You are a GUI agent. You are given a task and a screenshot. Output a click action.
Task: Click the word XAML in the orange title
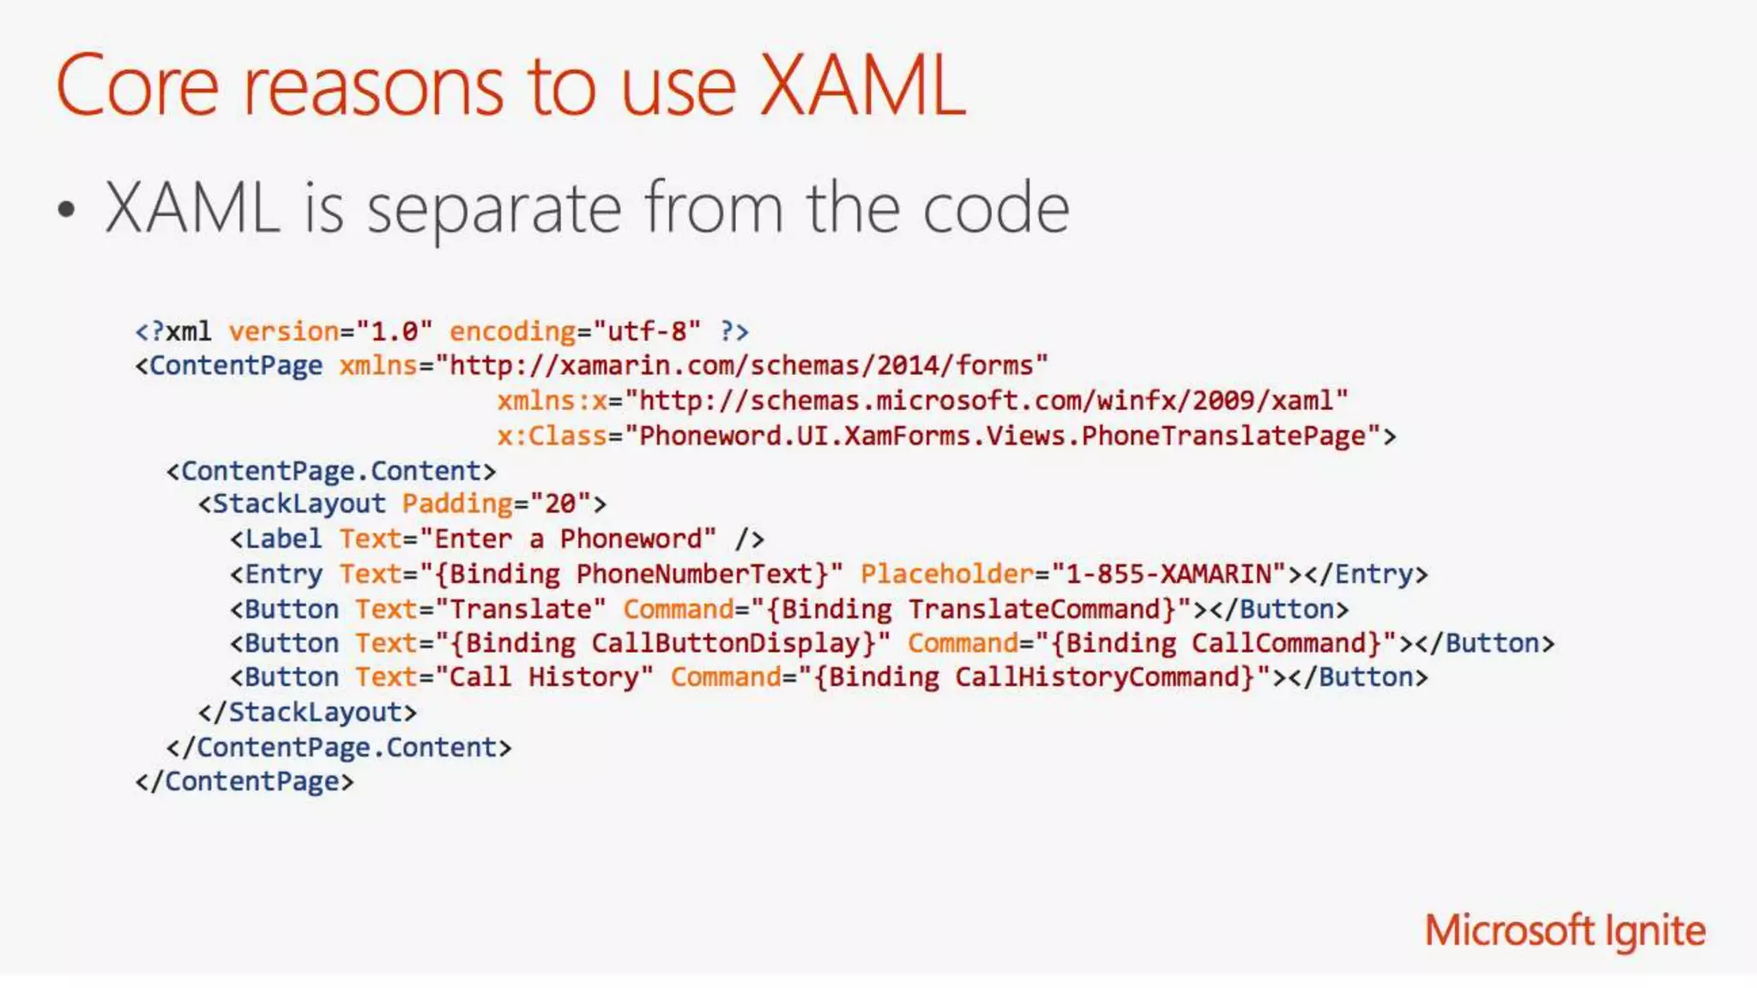862,86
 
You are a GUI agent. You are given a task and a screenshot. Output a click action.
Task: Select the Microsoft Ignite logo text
1565,931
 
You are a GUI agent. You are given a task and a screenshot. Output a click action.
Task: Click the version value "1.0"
394,332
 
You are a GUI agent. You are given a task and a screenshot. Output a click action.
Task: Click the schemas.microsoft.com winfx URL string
987,401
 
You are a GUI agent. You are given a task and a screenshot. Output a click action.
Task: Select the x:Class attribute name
552,437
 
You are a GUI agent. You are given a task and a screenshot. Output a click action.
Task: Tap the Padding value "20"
560,504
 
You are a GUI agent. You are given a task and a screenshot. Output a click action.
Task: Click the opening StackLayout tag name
299,504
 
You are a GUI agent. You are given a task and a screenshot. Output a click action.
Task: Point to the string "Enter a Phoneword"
567,539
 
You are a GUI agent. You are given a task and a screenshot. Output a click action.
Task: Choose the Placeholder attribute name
947,575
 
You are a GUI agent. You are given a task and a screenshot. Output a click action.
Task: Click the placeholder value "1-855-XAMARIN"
1168,575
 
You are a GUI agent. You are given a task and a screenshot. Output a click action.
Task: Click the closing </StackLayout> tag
307,713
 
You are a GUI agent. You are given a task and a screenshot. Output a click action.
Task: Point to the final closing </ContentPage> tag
245,782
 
